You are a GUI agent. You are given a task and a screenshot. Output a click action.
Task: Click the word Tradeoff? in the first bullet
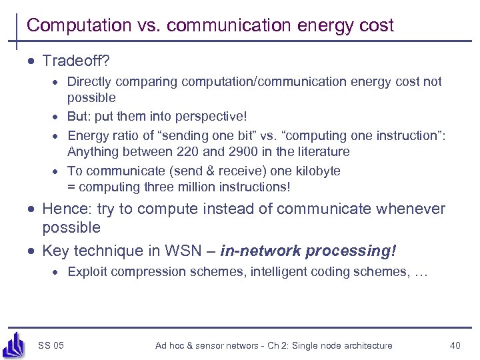76,61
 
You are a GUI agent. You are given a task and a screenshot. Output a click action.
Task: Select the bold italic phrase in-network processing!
308,251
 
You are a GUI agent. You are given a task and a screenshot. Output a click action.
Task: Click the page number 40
455,345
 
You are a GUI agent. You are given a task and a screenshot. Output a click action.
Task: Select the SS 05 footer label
51,345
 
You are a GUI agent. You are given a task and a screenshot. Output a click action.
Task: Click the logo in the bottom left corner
14,344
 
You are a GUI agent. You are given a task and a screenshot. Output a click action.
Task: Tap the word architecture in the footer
365,345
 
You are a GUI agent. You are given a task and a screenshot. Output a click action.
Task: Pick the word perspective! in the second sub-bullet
210,117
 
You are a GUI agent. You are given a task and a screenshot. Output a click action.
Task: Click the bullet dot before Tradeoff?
31,61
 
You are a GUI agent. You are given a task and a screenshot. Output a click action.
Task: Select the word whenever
411,209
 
